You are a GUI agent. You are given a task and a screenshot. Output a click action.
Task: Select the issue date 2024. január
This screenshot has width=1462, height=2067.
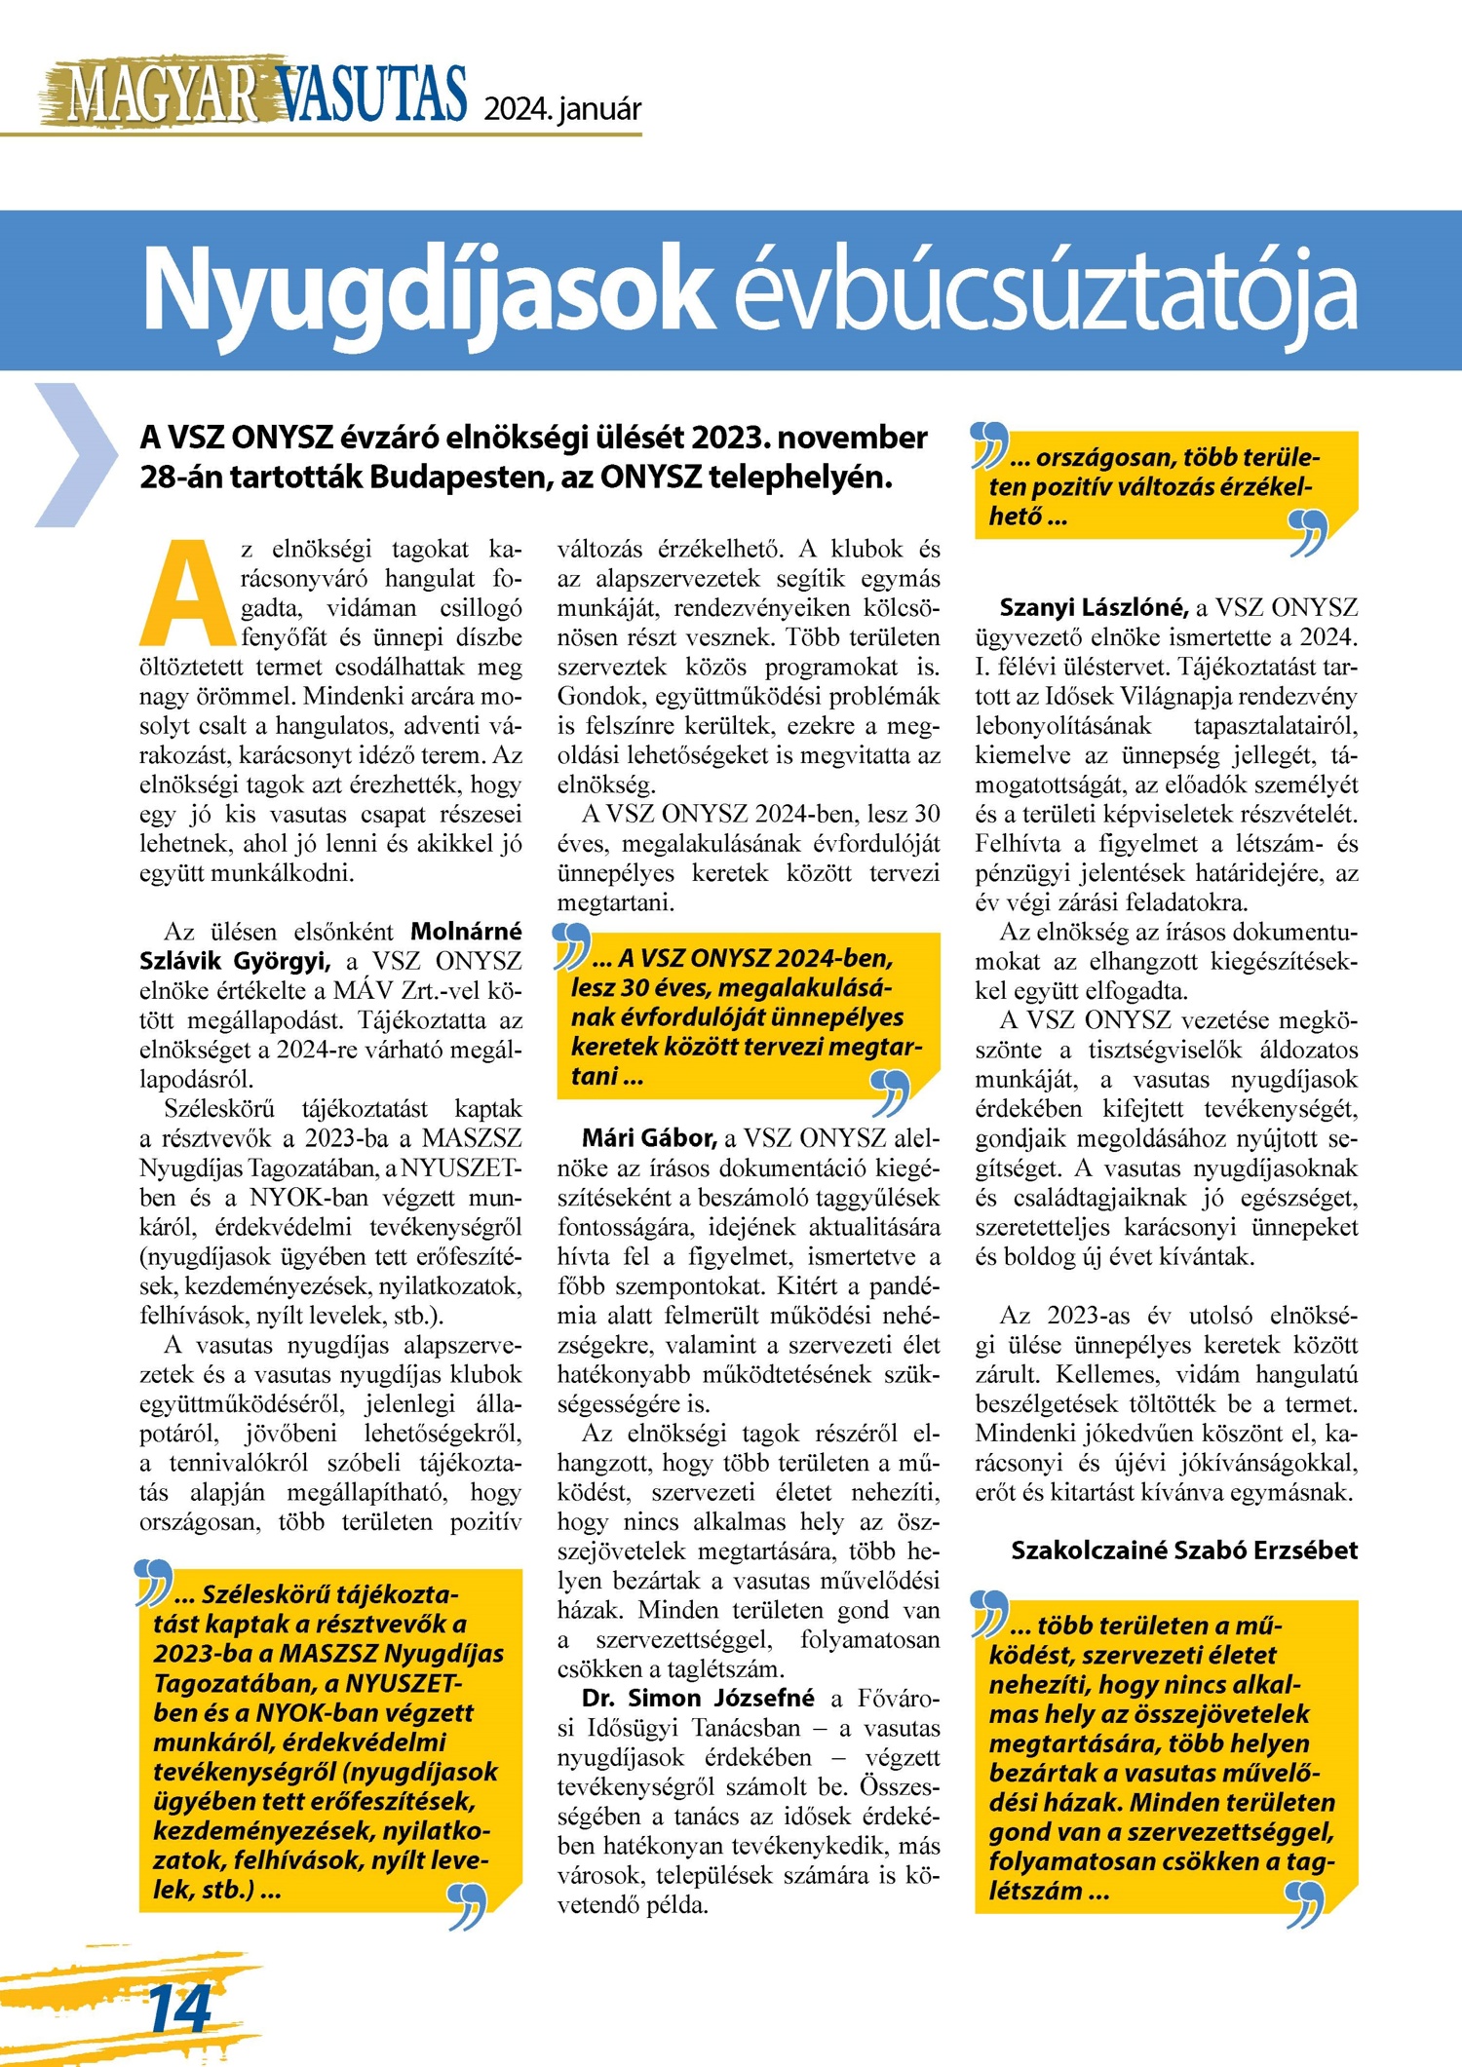(x=562, y=108)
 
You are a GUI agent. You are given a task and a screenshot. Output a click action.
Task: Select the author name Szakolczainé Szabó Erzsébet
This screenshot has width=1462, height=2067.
(x=1183, y=1550)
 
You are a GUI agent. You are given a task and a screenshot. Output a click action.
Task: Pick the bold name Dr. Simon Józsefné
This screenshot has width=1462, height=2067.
(x=697, y=1698)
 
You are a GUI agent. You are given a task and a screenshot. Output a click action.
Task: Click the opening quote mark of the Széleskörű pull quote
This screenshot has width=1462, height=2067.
(x=153, y=1583)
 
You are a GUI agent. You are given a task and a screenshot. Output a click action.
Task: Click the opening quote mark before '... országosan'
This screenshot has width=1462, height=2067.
(x=989, y=443)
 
